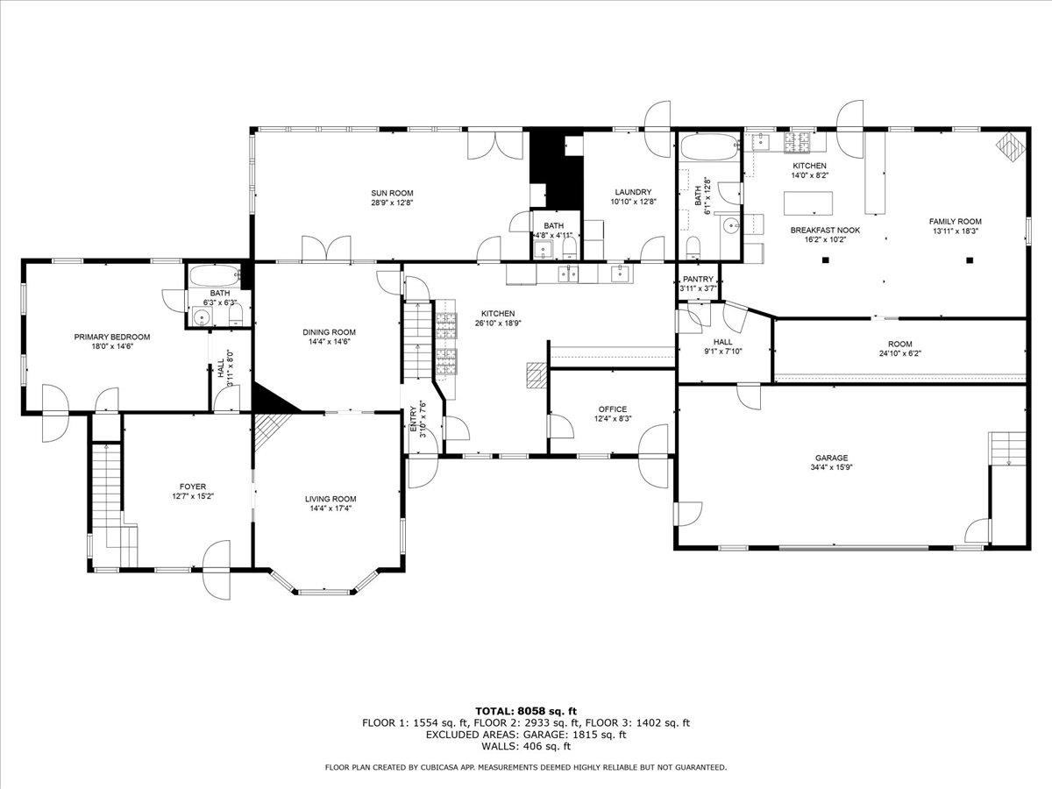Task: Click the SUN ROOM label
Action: (392, 193)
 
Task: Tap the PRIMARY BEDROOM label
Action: (111, 337)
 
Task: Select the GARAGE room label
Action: (830, 458)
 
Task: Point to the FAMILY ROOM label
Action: (955, 222)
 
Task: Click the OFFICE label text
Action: (612, 409)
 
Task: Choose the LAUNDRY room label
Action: (633, 192)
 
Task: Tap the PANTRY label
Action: (698, 280)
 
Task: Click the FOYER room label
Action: (193, 487)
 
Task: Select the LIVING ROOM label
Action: (331, 499)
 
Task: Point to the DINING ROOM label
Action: (330, 332)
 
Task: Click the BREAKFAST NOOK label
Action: (825, 230)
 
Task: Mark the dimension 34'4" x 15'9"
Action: (830, 467)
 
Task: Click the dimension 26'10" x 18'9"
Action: (497, 323)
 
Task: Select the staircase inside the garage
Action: (1007, 448)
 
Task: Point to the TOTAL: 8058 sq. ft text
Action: (525, 711)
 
